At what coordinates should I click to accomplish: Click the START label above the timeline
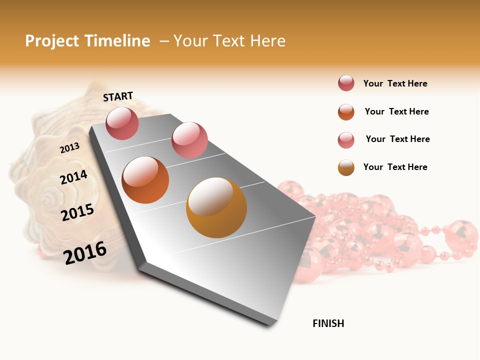[x=118, y=96]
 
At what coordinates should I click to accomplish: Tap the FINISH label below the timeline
[x=328, y=323]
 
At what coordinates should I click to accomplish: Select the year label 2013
[x=69, y=148]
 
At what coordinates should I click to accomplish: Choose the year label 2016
[x=85, y=252]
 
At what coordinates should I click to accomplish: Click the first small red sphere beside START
[x=122, y=123]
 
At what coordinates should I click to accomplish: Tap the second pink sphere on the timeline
[x=189, y=140]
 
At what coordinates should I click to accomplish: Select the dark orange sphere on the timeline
[x=145, y=180]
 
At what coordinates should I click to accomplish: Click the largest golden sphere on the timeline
[x=216, y=207]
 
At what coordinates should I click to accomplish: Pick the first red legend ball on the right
[x=346, y=83]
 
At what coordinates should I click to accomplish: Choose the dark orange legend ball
[x=346, y=112]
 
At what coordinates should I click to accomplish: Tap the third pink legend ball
[x=346, y=140]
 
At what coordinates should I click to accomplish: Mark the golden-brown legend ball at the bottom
[x=346, y=167]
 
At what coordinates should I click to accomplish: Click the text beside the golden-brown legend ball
[x=395, y=167]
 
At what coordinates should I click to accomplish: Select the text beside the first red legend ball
[x=395, y=83]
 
